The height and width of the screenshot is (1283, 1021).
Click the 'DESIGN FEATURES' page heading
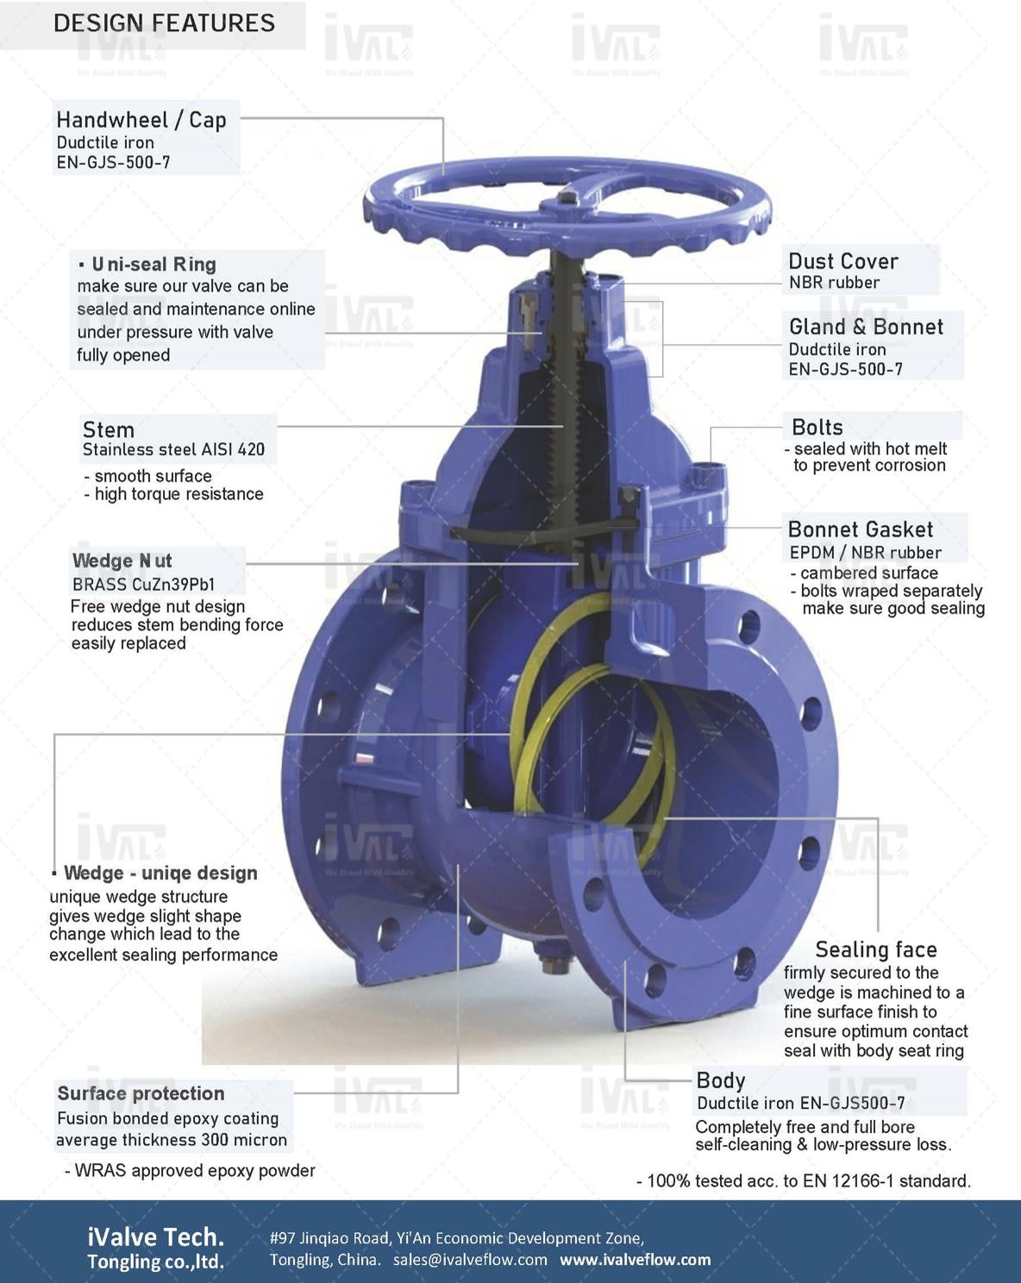click(x=164, y=23)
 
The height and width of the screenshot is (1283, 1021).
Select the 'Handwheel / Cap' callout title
click(x=141, y=120)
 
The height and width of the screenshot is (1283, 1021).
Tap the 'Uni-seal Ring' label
click(x=153, y=264)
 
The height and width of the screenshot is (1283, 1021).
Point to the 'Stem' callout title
click(x=108, y=429)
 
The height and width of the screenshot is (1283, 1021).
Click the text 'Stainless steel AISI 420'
click(x=173, y=449)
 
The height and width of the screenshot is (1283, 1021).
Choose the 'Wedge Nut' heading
click(x=122, y=560)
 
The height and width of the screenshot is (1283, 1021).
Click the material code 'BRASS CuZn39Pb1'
click(x=143, y=585)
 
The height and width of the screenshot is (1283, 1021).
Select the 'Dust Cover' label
click(x=842, y=261)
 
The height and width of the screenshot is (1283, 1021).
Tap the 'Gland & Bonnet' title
click(x=866, y=327)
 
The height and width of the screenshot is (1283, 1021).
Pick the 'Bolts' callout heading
click(x=817, y=428)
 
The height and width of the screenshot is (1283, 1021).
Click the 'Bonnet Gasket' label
click(x=860, y=529)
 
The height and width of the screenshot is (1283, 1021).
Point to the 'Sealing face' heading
click(x=875, y=949)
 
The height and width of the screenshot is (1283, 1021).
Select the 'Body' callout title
click(x=720, y=1080)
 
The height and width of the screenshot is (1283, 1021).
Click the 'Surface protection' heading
click(x=141, y=1092)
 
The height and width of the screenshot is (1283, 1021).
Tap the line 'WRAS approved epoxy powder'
click(x=190, y=1170)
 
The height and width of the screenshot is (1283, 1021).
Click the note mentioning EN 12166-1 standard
click(x=804, y=1180)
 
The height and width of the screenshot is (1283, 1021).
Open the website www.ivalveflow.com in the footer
click(x=636, y=1259)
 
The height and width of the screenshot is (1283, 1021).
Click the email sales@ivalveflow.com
click(x=470, y=1259)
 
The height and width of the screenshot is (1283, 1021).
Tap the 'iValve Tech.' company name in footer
click(x=156, y=1237)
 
